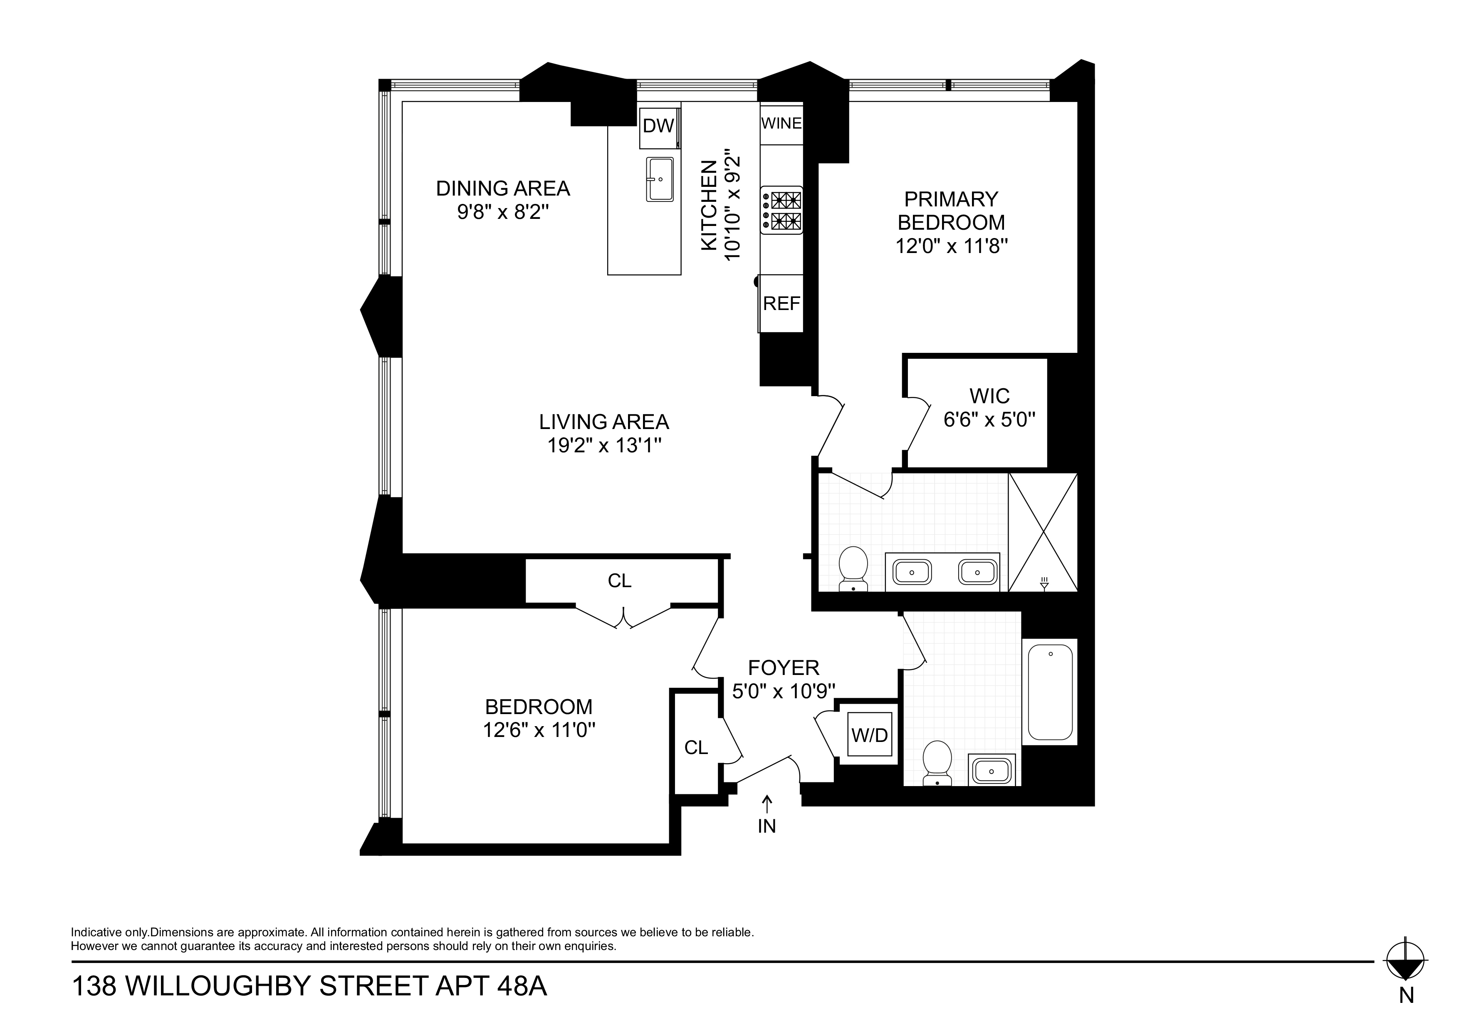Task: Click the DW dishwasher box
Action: (x=658, y=126)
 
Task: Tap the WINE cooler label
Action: (x=781, y=123)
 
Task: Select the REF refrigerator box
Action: (x=781, y=303)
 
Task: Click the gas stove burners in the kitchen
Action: (x=782, y=211)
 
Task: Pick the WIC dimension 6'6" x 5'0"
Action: (x=989, y=420)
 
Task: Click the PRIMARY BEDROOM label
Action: (x=951, y=211)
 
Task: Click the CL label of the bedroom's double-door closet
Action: (x=620, y=580)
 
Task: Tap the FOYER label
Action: (x=784, y=667)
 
